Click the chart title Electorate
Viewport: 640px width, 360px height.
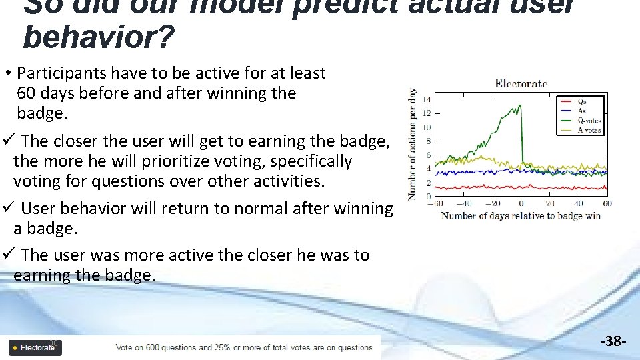point(521,84)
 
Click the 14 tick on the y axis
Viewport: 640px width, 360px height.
point(427,99)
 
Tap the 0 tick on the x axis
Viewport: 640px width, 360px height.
point(521,203)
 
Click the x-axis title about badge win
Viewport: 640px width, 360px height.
point(521,215)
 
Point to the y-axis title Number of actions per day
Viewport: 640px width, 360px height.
point(413,145)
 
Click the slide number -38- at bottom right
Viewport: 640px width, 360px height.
point(613,342)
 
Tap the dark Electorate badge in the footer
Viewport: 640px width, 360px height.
point(34,347)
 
